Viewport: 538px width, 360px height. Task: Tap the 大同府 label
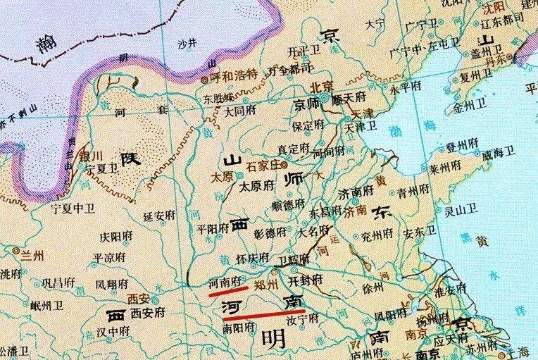coord(239,111)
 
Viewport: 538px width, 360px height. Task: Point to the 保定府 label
coord(309,125)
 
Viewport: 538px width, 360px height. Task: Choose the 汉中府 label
coord(113,330)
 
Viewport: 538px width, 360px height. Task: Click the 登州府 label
coord(461,147)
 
